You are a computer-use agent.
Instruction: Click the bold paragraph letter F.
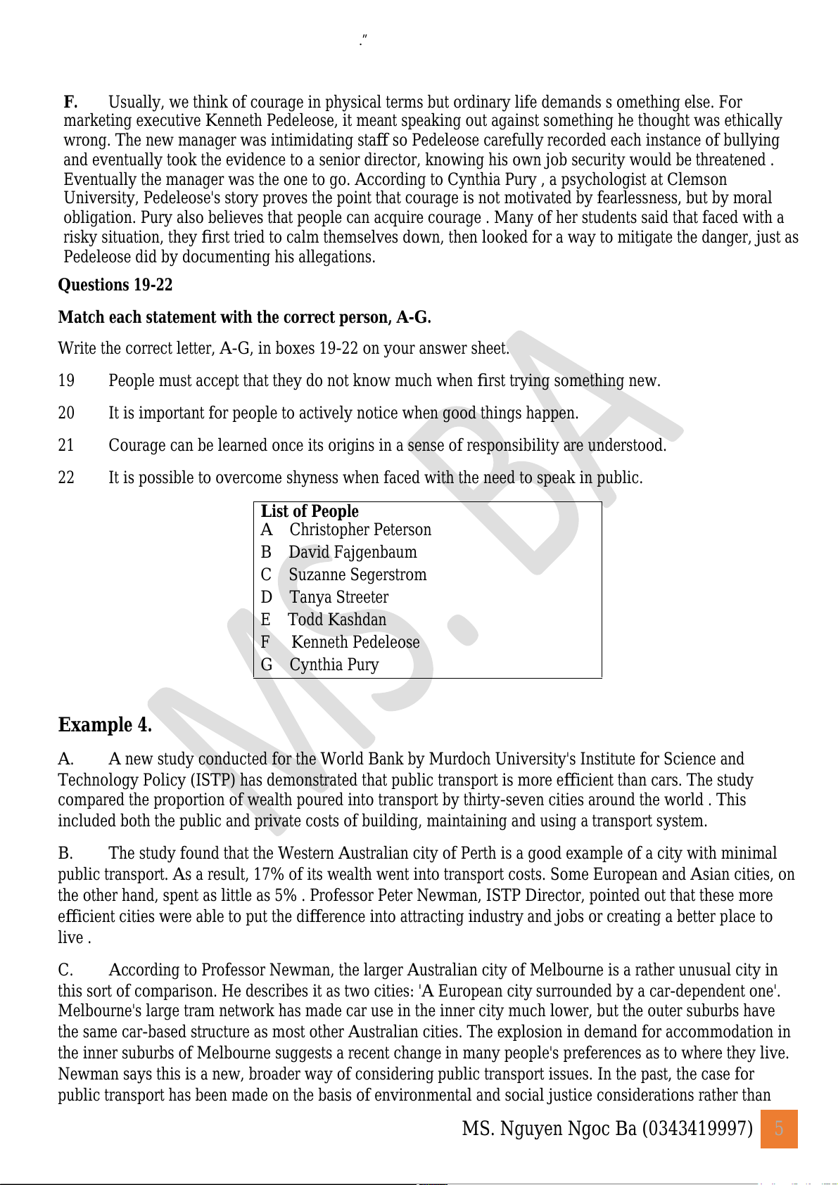70,102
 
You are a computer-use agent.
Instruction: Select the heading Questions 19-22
115,285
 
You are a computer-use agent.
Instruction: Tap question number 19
66,380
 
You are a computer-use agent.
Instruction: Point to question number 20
66,413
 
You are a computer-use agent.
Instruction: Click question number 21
66,445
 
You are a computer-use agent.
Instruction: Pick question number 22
66,478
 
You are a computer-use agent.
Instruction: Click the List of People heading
310,511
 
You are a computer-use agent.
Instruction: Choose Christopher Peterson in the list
360,530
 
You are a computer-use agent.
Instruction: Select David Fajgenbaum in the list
353,552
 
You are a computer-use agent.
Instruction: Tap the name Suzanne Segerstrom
357,575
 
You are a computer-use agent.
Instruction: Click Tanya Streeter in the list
338,597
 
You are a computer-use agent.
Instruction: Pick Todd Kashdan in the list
337,620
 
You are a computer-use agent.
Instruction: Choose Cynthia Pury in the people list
334,665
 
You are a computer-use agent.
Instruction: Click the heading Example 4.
105,725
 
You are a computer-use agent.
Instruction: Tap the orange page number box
779,1129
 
